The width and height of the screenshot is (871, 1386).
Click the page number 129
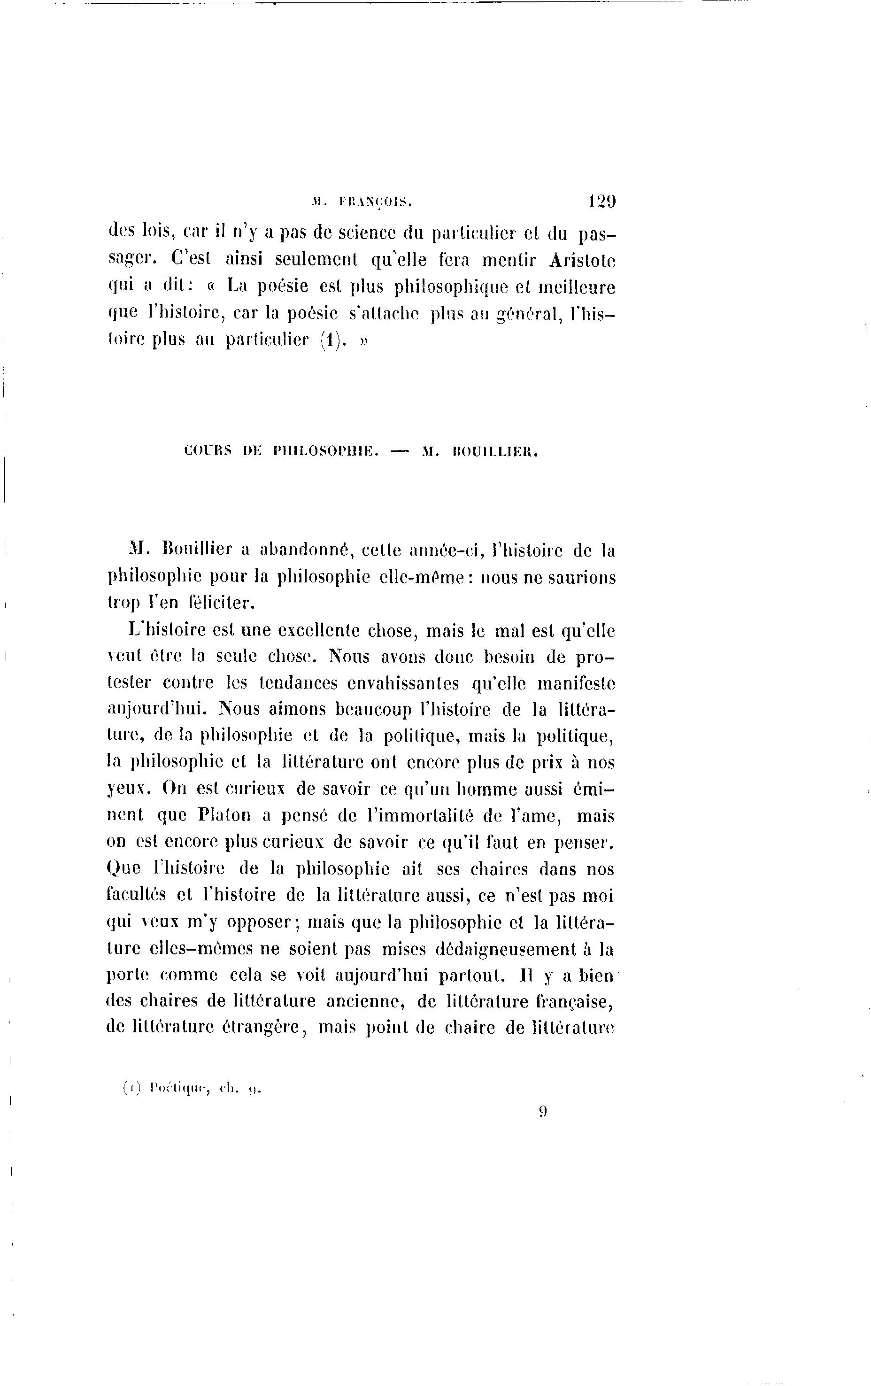coord(601,201)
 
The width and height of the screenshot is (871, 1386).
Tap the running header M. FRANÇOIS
coord(362,201)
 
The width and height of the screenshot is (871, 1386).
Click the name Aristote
coord(582,261)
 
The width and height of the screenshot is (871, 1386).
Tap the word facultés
coord(135,896)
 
